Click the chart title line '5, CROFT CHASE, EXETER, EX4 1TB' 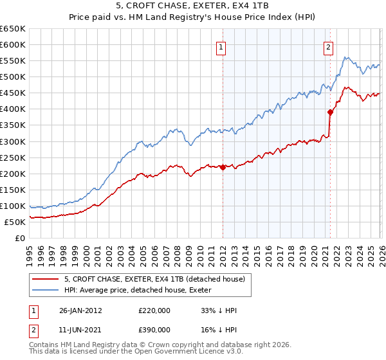[193, 6]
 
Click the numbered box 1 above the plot [221, 46]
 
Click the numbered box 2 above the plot [329, 46]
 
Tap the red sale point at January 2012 [223, 167]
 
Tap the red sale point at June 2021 [330, 112]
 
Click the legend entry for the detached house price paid [154, 280]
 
